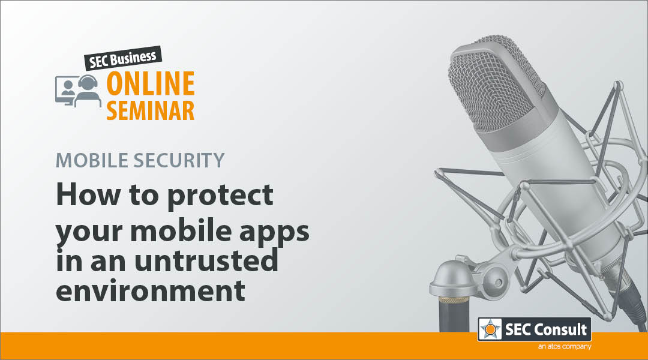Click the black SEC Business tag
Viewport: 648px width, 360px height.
click(123, 58)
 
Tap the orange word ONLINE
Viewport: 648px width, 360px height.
click(151, 83)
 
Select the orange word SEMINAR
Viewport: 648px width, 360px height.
click(151, 110)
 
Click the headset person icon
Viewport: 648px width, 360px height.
click(88, 91)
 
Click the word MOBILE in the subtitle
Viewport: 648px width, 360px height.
click(92, 160)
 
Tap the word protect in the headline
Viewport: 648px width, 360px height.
click(220, 196)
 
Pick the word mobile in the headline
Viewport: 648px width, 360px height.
click(181, 230)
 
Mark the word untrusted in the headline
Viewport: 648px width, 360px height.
click(206, 260)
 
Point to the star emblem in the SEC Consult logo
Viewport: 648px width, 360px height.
click(490, 329)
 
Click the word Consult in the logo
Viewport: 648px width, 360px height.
click(560, 329)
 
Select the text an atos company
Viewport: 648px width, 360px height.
click(565, 346)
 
